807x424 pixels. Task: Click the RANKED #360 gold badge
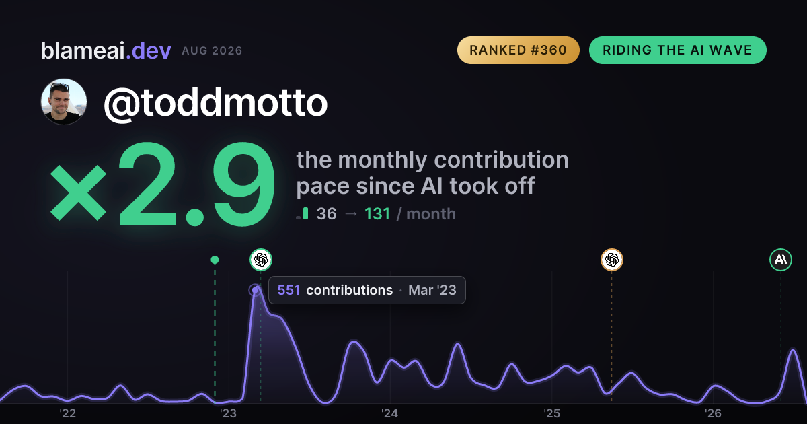click(518, 50)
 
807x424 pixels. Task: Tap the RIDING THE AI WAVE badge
click(677, 50)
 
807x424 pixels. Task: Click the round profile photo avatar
click(64, 102)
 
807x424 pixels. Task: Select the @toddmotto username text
click(215, 103)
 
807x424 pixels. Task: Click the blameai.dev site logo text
click(106, 51)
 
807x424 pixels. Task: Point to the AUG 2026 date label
click(212, 51)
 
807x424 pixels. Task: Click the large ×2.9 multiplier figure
click(163, 184)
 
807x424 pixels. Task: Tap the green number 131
click(377, 214)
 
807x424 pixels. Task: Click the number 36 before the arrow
click(326, 214)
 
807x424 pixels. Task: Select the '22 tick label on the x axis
click(67, 413)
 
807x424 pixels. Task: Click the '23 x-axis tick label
click(229, 413)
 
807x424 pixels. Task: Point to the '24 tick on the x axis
click(390, 413)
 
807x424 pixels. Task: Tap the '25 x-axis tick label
click(551, 413)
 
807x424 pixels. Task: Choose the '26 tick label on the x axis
click(713, 413)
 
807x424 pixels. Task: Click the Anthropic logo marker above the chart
click(781, 260)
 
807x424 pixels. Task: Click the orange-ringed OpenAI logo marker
click(612, 260)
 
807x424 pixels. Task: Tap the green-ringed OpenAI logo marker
click(261, 260)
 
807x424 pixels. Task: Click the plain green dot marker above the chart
click(215, 260)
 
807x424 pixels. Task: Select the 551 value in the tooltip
click(289, 290)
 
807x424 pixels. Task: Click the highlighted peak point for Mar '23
click(255, 290)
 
